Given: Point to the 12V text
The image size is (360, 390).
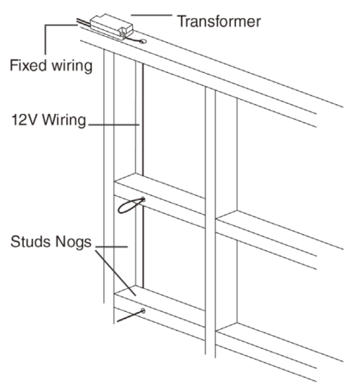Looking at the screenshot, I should point(23,123).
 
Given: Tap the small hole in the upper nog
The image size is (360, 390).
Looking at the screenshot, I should point(143,199).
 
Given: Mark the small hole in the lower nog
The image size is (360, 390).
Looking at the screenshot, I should point(143,311).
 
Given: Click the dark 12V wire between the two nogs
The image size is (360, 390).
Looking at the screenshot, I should point(143,253).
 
